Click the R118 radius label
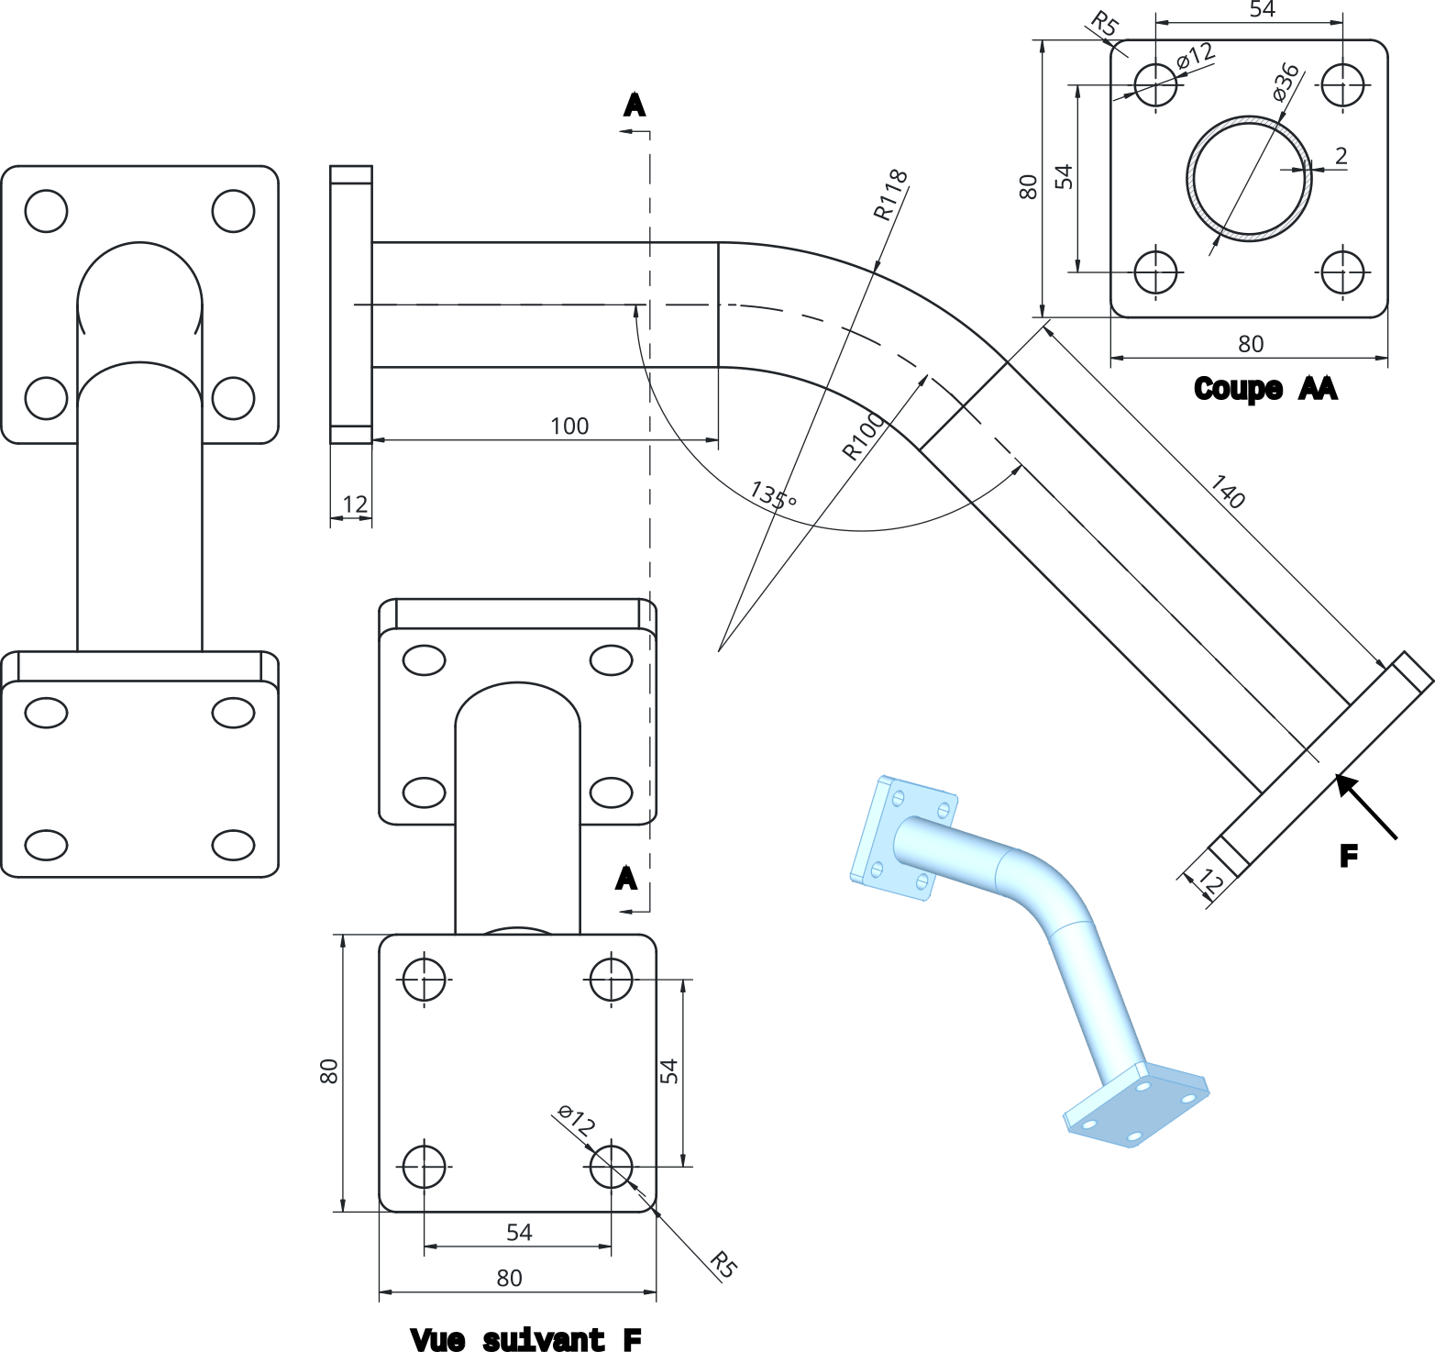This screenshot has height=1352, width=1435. click(889, 194)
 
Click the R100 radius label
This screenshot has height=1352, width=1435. click(863, 436)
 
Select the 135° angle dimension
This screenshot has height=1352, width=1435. click(773, 495)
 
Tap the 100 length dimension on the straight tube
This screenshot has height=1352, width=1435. click(568, 426)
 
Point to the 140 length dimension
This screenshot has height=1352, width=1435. click(1228, 492)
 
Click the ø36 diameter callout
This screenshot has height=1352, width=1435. click(1286, 82)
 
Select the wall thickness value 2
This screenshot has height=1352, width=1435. click(1341, 156)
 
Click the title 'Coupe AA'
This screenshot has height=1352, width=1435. click(1265, 389)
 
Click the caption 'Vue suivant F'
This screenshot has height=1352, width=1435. click(525, 1340)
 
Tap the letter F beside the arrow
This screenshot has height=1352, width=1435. click(1348, 857)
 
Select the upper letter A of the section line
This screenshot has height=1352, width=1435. click(634, 105)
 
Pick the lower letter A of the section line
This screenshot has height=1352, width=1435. click(625, 878)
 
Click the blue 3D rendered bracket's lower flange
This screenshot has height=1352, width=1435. click(1137, 1105)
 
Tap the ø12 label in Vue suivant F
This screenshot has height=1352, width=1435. click(577, 1120)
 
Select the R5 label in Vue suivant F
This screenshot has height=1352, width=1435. click(723, 1265)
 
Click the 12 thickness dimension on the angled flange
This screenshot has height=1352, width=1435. click(1209, 882)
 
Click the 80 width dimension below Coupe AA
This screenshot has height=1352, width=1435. click(1250, 344)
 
